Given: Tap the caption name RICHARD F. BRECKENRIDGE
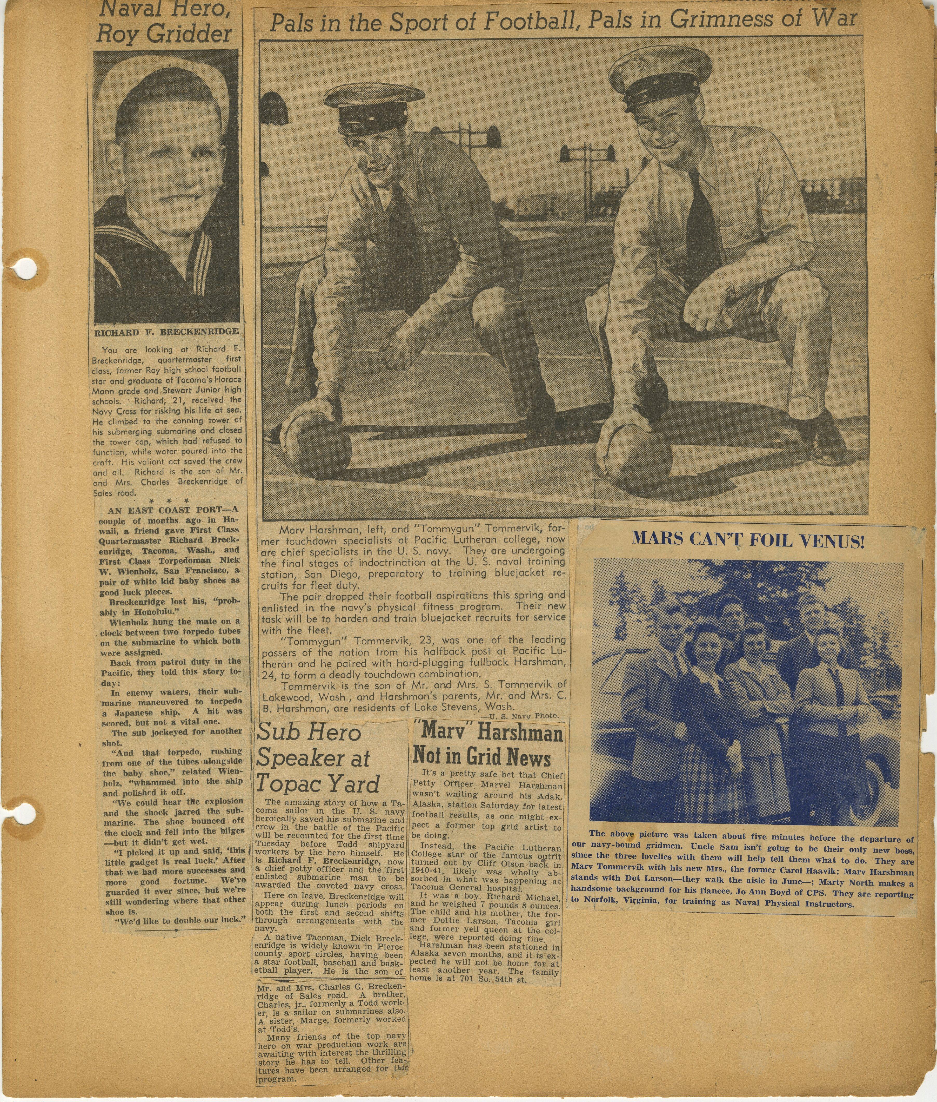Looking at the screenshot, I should point(166,333).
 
